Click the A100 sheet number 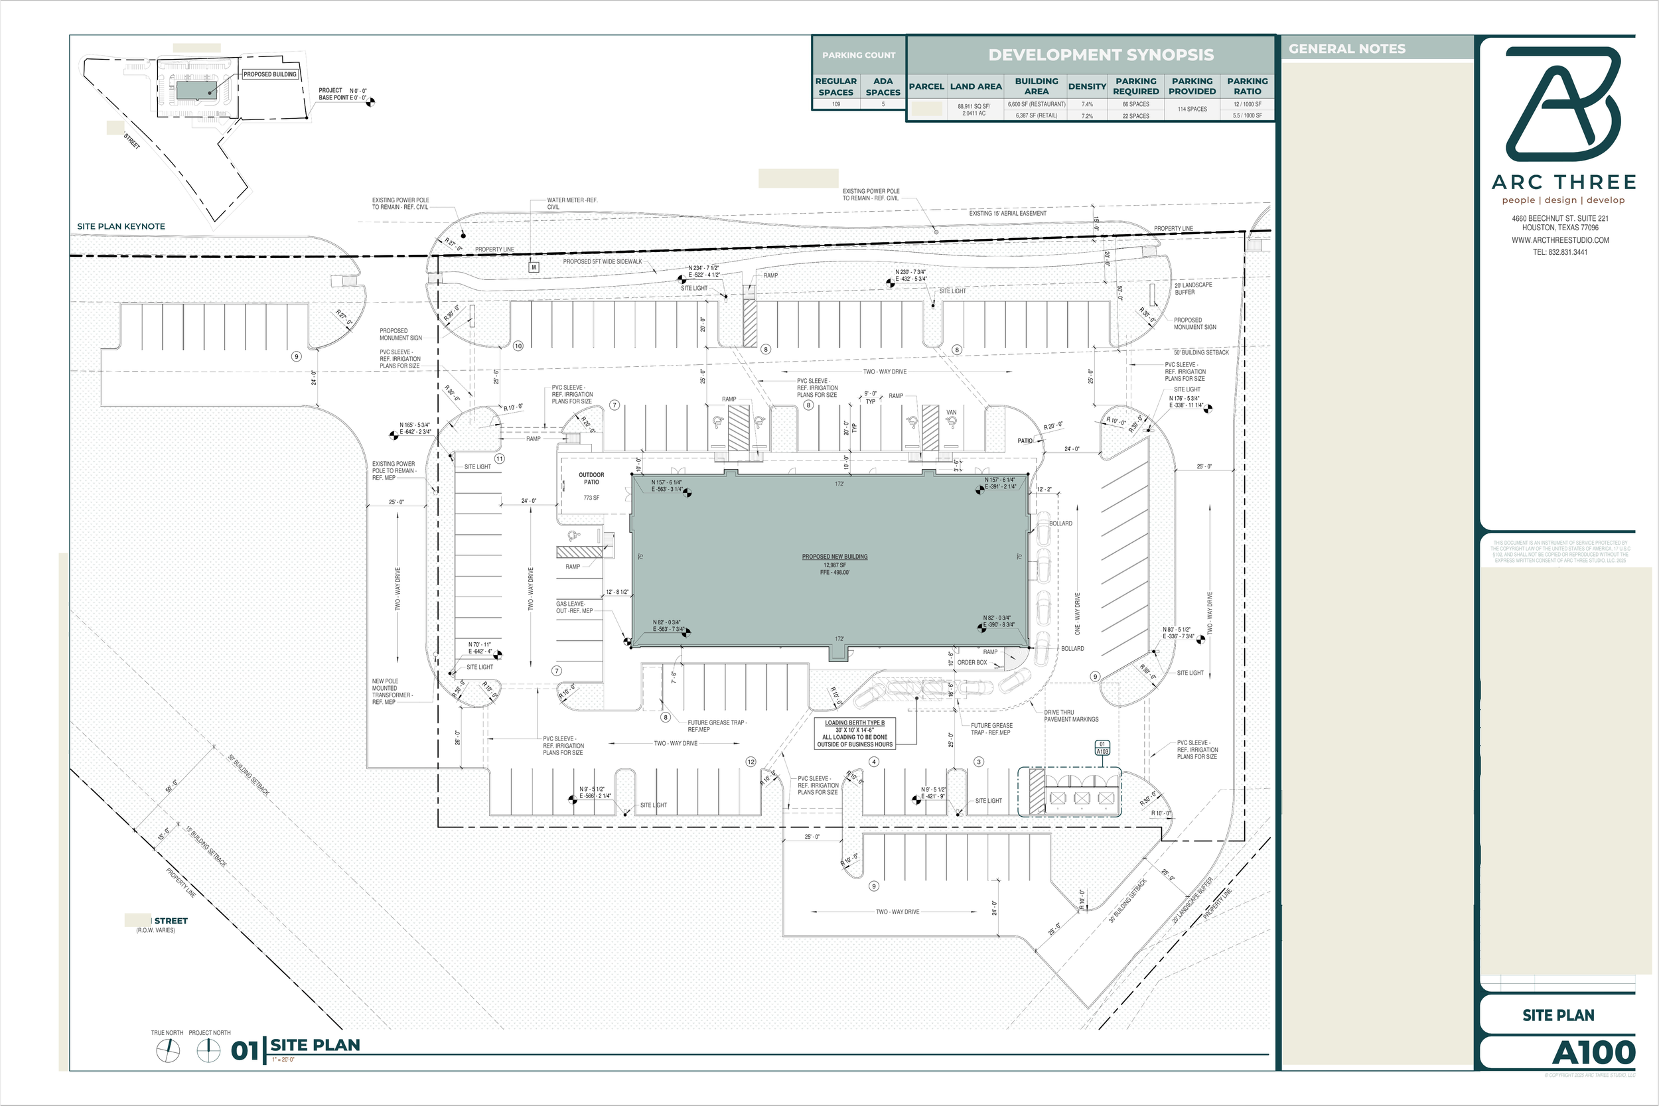click(1593, 1053)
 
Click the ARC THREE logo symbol click(1563, 104)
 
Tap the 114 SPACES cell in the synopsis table click(1192, 109)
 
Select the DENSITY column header click(1087, 87)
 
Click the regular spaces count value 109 click(836, 104)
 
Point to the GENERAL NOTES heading click(1346, 48)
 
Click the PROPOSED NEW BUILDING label click(834, 557)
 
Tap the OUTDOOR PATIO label click(591, 478)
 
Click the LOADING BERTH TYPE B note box click(854, 734)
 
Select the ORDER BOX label click(972, 662)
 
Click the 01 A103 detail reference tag click(1102, 748)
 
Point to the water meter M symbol click(534, 267)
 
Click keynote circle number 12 click(751, 762)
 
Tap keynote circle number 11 click(500, 458)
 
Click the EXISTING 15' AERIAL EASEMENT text click(1007, 213)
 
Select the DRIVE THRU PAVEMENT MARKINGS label click(1071, 716)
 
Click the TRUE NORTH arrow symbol click(168, 1051)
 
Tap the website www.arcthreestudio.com click(1559, 240)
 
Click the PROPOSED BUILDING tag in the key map click(270, 74)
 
